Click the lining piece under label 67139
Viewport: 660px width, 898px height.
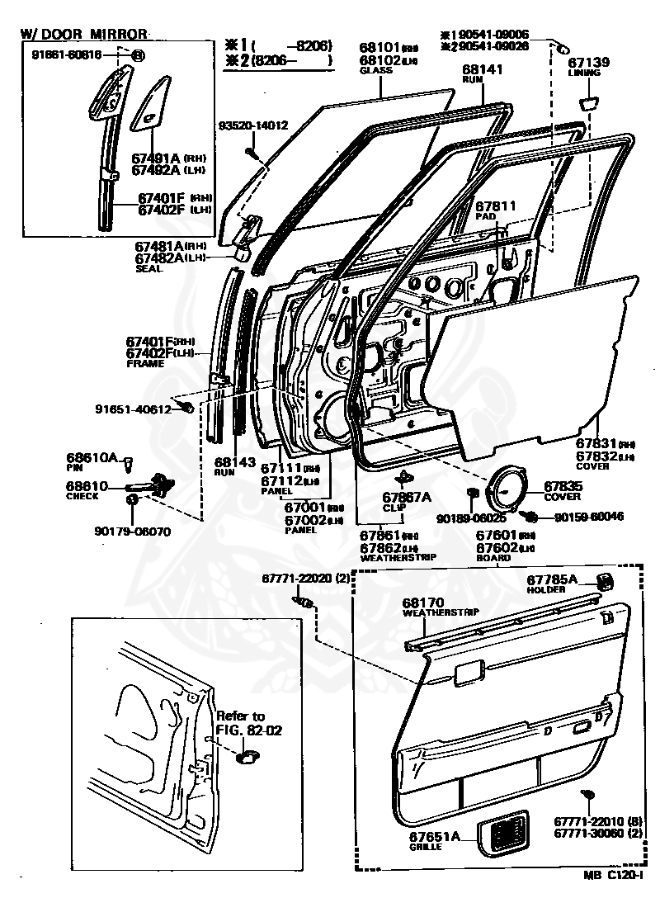point(589,102)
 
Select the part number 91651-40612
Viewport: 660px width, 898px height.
point(132,409)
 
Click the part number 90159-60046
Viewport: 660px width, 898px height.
point(588,517)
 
